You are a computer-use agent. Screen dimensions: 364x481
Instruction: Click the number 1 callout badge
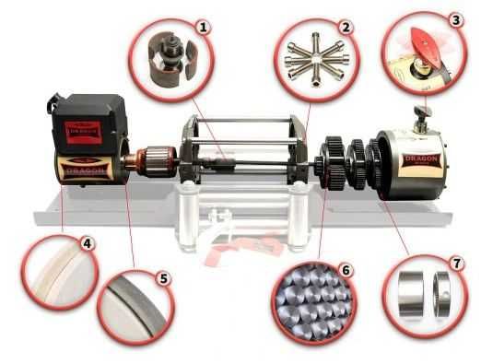click(x=205, y=28)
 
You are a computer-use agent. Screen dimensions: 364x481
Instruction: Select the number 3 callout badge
click(x=455, y=18)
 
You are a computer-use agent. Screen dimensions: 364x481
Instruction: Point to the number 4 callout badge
click(x=87, y=245)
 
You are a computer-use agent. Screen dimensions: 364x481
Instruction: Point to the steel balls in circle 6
click(x=309, y=300)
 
